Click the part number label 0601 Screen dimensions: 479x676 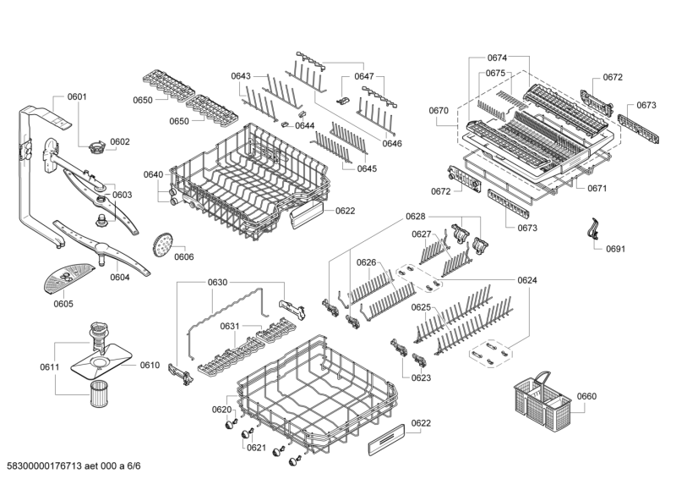77,97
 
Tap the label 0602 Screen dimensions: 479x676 119,142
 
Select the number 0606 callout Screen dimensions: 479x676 183,256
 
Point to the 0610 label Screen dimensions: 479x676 150,365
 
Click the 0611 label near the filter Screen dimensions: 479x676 49,366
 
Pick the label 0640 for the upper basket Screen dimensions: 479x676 153,174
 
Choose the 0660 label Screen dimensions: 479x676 586,396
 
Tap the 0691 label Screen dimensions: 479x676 614,250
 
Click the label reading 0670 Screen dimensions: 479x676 439,109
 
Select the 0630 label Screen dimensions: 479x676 194,282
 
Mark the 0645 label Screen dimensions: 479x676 366,168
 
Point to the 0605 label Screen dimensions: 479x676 63,304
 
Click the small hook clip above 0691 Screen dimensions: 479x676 593,229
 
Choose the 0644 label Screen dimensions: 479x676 304,126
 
